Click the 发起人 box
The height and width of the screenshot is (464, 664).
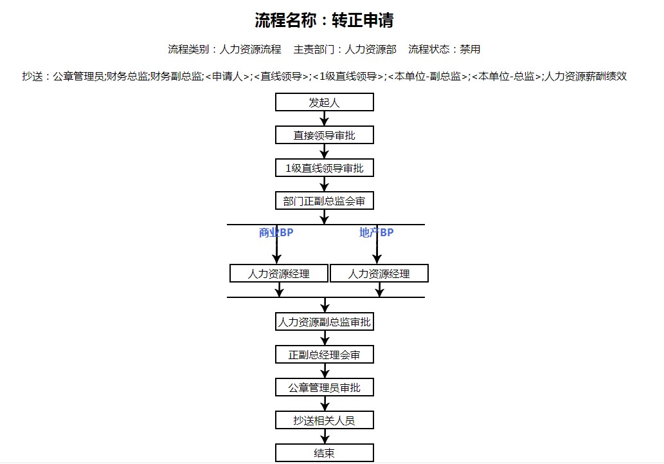click(325, 102)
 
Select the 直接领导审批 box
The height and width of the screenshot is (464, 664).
click(325, 135)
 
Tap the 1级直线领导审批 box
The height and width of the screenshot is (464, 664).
click(325, 168)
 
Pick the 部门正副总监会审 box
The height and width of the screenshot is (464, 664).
click(325, 201)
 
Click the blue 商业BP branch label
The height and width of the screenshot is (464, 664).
click(276, 232)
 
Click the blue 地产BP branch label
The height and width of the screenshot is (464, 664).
click(377, 232)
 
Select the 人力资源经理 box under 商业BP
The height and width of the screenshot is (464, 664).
click(279, 274)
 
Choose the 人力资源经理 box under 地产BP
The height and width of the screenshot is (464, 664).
click(379, 274)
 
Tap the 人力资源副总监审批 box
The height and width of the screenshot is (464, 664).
click(325, 322)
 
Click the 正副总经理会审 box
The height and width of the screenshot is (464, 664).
click(325, 355)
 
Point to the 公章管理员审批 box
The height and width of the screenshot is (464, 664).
click(325, 387)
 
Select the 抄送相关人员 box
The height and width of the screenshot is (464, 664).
click(325, 420)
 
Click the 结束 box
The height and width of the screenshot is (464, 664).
click(325, 453)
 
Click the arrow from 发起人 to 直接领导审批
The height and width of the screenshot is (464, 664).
click(325, 118)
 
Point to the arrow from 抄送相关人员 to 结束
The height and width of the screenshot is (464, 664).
click(325, 436)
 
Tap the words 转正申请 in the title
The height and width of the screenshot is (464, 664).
click(363, 20)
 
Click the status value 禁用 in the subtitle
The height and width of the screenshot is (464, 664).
click(470, 49)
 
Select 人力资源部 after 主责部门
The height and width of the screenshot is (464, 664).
click(370, 49)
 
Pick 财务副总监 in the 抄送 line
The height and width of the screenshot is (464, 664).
click(175, 77)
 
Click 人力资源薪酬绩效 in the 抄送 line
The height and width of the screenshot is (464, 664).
click(585, 77)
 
